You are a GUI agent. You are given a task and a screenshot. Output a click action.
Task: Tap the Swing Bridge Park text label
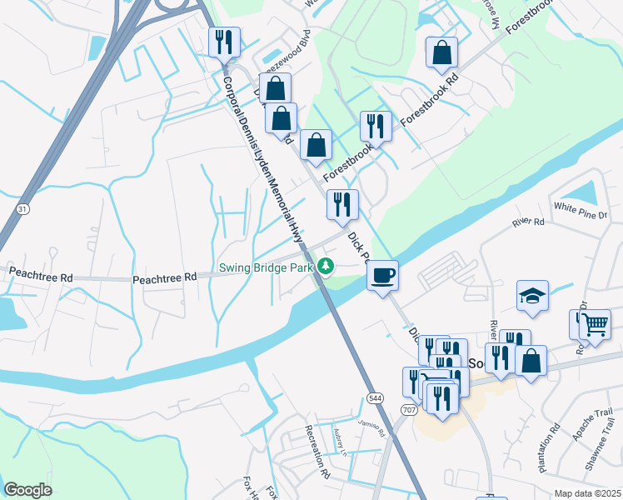coord(266,268)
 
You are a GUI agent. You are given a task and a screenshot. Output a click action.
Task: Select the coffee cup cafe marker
coord(382,275)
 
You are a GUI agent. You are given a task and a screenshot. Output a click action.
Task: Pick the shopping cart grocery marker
coord(595,323)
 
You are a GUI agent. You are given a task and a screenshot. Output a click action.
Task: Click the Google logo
coord(27,490)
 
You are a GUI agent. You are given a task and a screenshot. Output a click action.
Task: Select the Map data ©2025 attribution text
coord(587,493)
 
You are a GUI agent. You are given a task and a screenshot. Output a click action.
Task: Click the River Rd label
coord(528,222)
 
